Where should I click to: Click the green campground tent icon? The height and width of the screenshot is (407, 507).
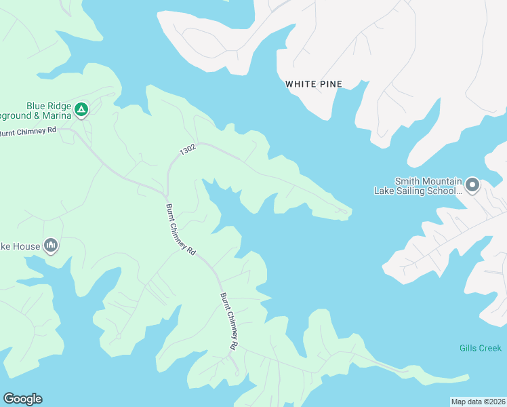click(x=81, y=109)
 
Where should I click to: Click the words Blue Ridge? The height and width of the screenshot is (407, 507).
click(x=48, y=106)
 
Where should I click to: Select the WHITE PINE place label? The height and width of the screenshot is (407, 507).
click(x=314, y=84)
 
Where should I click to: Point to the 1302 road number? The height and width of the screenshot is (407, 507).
click(x=188, y=151)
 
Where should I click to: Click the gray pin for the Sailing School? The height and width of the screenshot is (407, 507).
click(x=472, y=184)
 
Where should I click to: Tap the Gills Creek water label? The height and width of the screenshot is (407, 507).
click(x=480, y=348)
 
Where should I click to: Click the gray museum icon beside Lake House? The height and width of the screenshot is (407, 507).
click(x=51, y=246)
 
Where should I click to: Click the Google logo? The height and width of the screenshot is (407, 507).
click(x=22, y=399)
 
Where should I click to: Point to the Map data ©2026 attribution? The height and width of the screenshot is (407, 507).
click(x=478, y=401)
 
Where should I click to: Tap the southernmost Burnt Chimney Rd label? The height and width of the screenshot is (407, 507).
click(x=229, y=322)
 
